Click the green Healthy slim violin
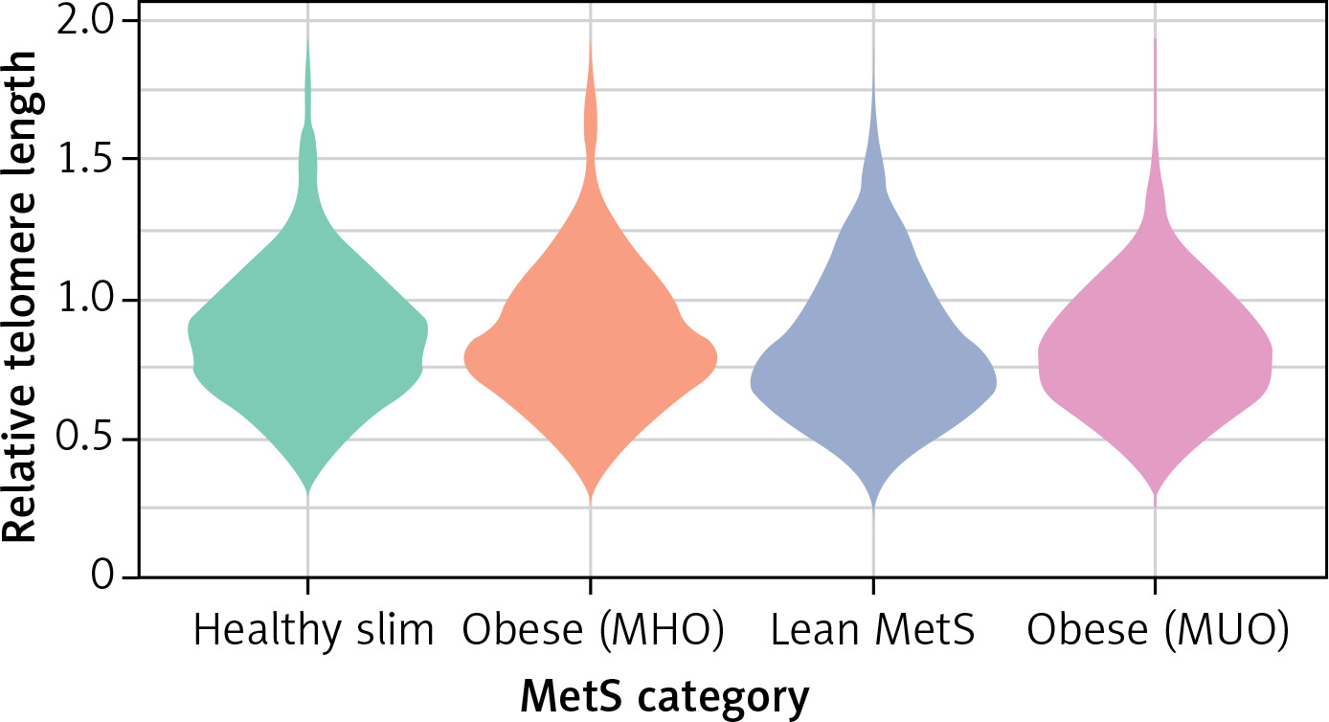pos(307,345)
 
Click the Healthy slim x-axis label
pos(313,630)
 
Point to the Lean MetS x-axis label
pos(871,630)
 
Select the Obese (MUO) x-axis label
pos(1156,630)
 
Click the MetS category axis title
pos(664,697)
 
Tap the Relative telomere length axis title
pos(21,297)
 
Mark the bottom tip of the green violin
pos(307,493)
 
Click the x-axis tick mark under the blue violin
pos(872,586)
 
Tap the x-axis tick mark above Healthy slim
pos(307,586)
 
